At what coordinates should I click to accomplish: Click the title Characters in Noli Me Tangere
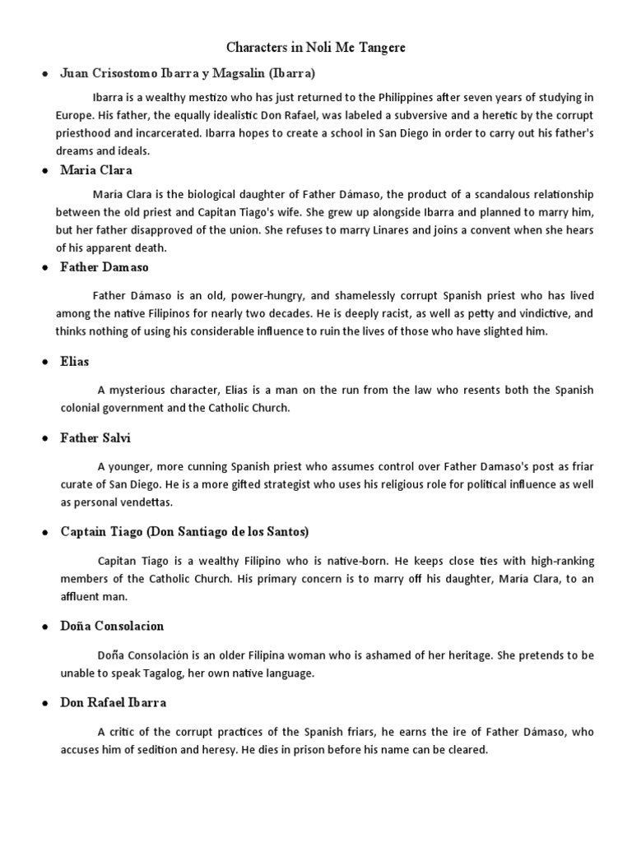click(316, 48)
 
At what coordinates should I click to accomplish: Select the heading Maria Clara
click(96, 170)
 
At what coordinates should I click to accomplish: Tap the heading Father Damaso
click(105, 267)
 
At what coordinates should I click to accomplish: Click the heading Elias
click(75, 361)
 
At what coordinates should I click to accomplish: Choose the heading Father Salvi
click(95, 438)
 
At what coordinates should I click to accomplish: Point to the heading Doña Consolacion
click(112, 626)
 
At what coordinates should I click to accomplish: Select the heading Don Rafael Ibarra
click(114, 703)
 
